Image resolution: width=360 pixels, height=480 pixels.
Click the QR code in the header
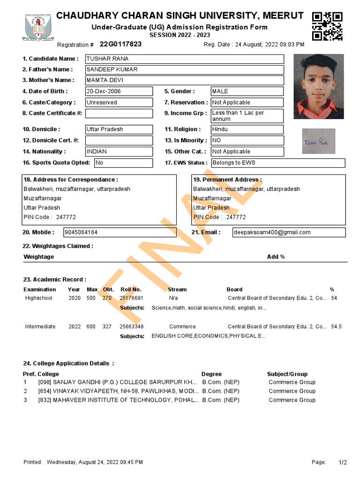tap(327, 26)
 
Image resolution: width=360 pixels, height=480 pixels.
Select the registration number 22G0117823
tap(120, 44)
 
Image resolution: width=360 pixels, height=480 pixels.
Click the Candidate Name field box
tap(184, 59)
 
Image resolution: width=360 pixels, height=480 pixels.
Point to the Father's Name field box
tap(184, 70)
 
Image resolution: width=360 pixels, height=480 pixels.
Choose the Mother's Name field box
tap(184, 80)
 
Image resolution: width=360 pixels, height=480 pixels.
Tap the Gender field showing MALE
tap(247, 91)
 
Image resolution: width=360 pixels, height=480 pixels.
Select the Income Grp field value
tap(247, 116)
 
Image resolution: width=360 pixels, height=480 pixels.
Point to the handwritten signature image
tap(319, 141)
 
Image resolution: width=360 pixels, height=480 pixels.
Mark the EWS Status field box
tap(278, 163)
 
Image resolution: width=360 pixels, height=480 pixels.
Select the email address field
tap(289, 232)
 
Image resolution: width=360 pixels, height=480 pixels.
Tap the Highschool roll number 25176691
tap(131, 298)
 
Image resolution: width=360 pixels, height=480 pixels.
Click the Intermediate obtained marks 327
tap(107, 327)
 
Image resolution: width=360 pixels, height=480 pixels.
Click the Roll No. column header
tap(131, 290)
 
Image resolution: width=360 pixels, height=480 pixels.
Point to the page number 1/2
tap(343, 463)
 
